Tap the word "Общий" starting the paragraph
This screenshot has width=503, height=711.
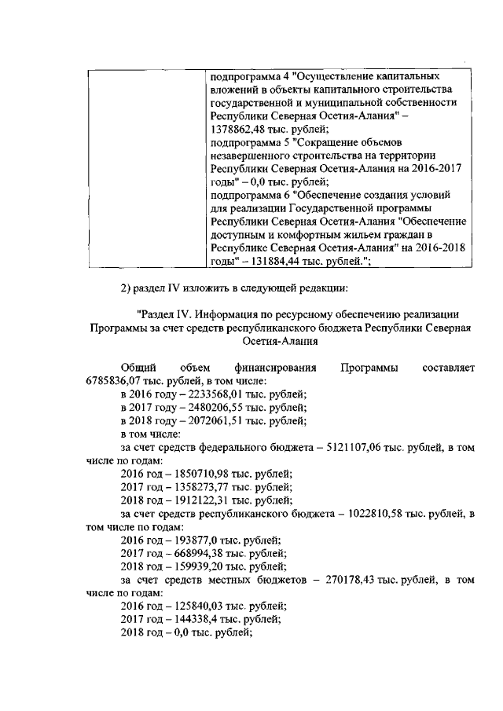(x=138, y=368)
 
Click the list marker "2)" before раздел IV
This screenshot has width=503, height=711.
(x=127, y=287)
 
